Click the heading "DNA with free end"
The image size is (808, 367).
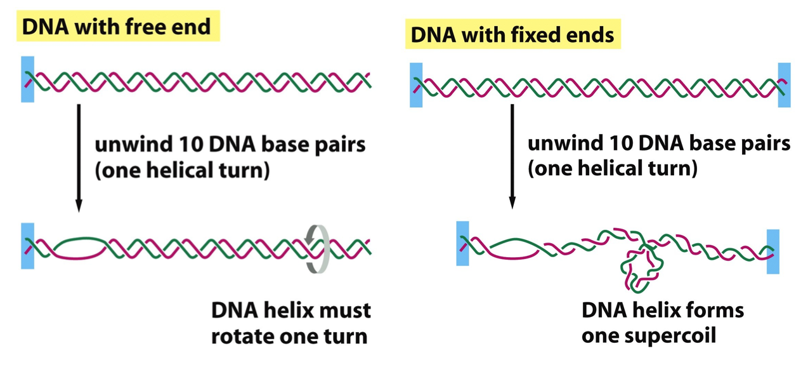[x=117, y=27]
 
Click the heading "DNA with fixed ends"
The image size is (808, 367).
[x=512, y=35]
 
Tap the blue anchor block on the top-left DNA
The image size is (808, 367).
[x=27, y=79]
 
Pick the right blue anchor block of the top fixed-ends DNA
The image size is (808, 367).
[x=784, y=84]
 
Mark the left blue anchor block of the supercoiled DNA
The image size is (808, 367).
[x=462, y=243]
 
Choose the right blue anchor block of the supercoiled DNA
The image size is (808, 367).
[x=772, y=251]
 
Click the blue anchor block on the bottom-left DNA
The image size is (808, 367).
[x=27, y=246]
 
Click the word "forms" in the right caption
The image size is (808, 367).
[x=714, y=310]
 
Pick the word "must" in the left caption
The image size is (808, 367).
[x=343, y=310]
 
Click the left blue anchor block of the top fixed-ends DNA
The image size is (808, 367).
[x=416, y=84]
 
